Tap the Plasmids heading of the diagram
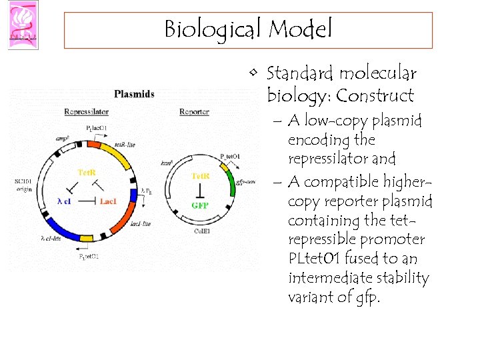point(134,94)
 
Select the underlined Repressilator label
point(86,112)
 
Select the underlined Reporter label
point(194,112)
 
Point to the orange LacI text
point(109,201)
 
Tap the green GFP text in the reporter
point(200,205)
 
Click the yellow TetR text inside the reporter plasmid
point(200,176)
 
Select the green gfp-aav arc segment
point(231,181)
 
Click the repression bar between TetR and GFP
point(200,191)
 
